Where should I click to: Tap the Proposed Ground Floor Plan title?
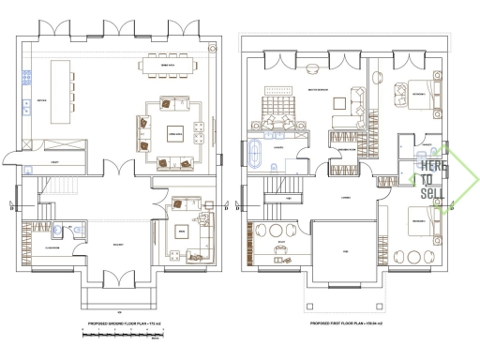(119, 322)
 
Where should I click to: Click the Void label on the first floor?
(346, 251)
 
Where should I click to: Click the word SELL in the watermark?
(432, 192)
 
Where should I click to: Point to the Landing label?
(346, 198)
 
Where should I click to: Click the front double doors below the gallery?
(119, 279)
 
